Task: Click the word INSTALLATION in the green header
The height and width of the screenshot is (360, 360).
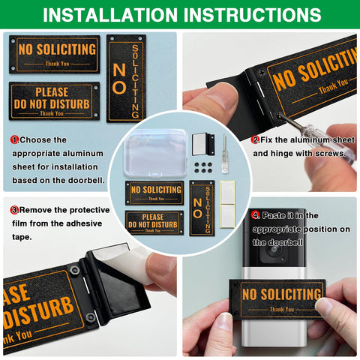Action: point(110,15)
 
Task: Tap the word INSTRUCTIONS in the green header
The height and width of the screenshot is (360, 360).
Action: point(253,15)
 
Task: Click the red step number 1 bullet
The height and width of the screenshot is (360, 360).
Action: point(14,139)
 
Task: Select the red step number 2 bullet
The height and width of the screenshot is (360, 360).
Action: point(255,139)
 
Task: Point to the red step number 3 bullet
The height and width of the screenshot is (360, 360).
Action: point(14,210)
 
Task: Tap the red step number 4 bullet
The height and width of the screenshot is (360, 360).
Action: point(255,215)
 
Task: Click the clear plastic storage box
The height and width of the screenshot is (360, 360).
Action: point(155,153)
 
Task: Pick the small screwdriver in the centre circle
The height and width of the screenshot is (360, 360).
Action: point(225,154)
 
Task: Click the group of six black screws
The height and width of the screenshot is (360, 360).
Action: point(203,167)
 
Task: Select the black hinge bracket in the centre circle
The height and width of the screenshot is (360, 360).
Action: point(203,145)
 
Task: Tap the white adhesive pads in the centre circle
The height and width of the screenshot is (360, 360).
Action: point(227,205)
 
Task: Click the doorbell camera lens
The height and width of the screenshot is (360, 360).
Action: point(273,250)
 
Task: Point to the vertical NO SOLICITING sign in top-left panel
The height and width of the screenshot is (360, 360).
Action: point(126,79)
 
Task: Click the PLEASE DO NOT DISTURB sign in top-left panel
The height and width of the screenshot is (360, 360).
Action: point(54,101)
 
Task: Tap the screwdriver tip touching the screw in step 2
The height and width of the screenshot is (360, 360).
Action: point(280,115)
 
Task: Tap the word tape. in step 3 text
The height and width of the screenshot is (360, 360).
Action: point(22,237)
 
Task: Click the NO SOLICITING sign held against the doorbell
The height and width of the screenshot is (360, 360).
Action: point(277,299)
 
